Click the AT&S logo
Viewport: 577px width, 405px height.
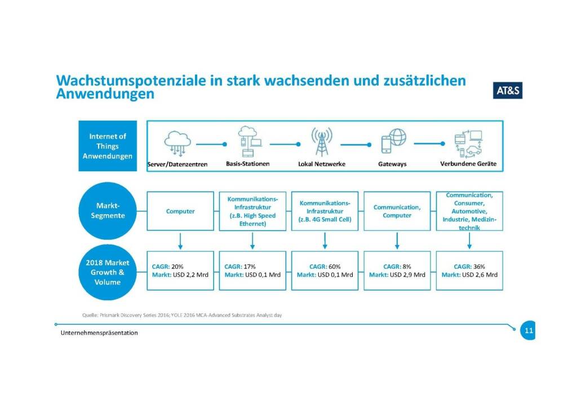pos(508,91)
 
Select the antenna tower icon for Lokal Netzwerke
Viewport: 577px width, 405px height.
pos(322,141)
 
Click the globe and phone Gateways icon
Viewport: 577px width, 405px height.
pos(393,141)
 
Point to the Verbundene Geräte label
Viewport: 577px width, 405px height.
pos(468,164)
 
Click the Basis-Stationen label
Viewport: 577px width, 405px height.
pos(248,164)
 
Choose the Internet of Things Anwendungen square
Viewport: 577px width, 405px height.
pos(108,146)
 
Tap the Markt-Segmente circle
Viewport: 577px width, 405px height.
pos(108,211)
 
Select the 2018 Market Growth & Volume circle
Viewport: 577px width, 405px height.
pos(108,272)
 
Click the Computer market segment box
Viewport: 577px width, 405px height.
pos(180,211)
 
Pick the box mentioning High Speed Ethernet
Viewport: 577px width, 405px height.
pos(252,211)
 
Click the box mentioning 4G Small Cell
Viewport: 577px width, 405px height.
pos(325,211)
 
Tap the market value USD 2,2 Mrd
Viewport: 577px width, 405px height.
pos(190,275)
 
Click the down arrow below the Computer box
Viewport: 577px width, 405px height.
pos(180,241)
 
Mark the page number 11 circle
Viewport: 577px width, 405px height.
pos(528,330)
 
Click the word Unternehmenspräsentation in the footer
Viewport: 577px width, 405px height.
pos(99,333)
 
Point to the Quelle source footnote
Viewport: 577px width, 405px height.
pos(182,315)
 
